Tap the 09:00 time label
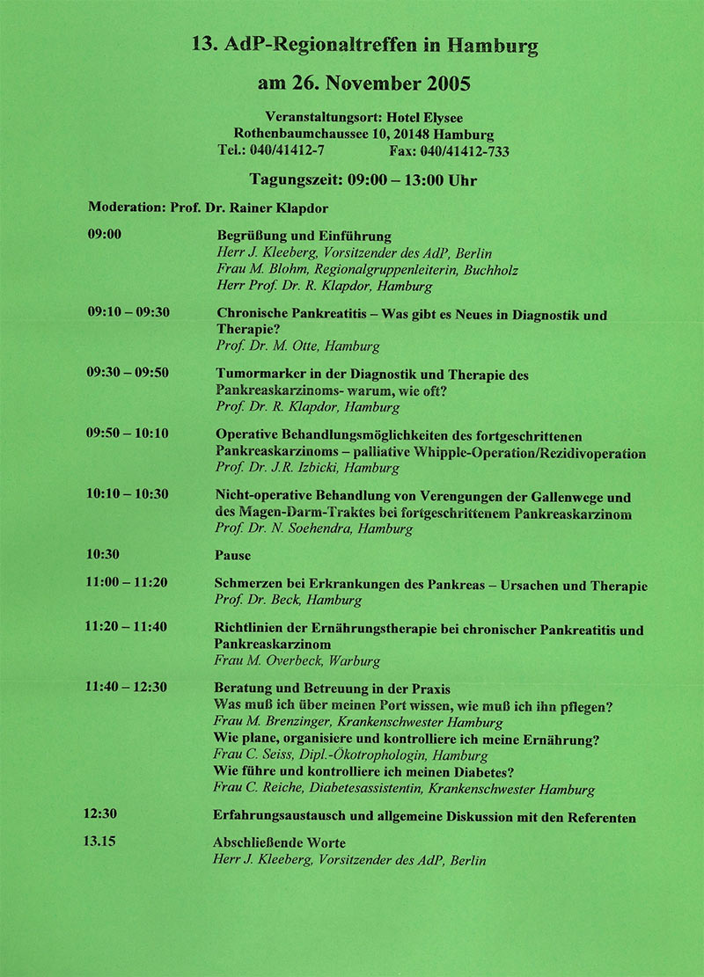(x=104, y=234)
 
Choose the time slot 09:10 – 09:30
(x=128, y=312)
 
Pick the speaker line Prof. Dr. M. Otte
(x=297, y=346)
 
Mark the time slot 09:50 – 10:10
(x=128, y=434)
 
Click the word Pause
(x=232, y=556)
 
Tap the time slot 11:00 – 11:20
(x=127, y=582)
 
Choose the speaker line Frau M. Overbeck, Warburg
(x=297, y=660)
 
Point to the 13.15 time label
(x=99, y=842)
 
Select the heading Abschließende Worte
(x=279, y=842)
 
